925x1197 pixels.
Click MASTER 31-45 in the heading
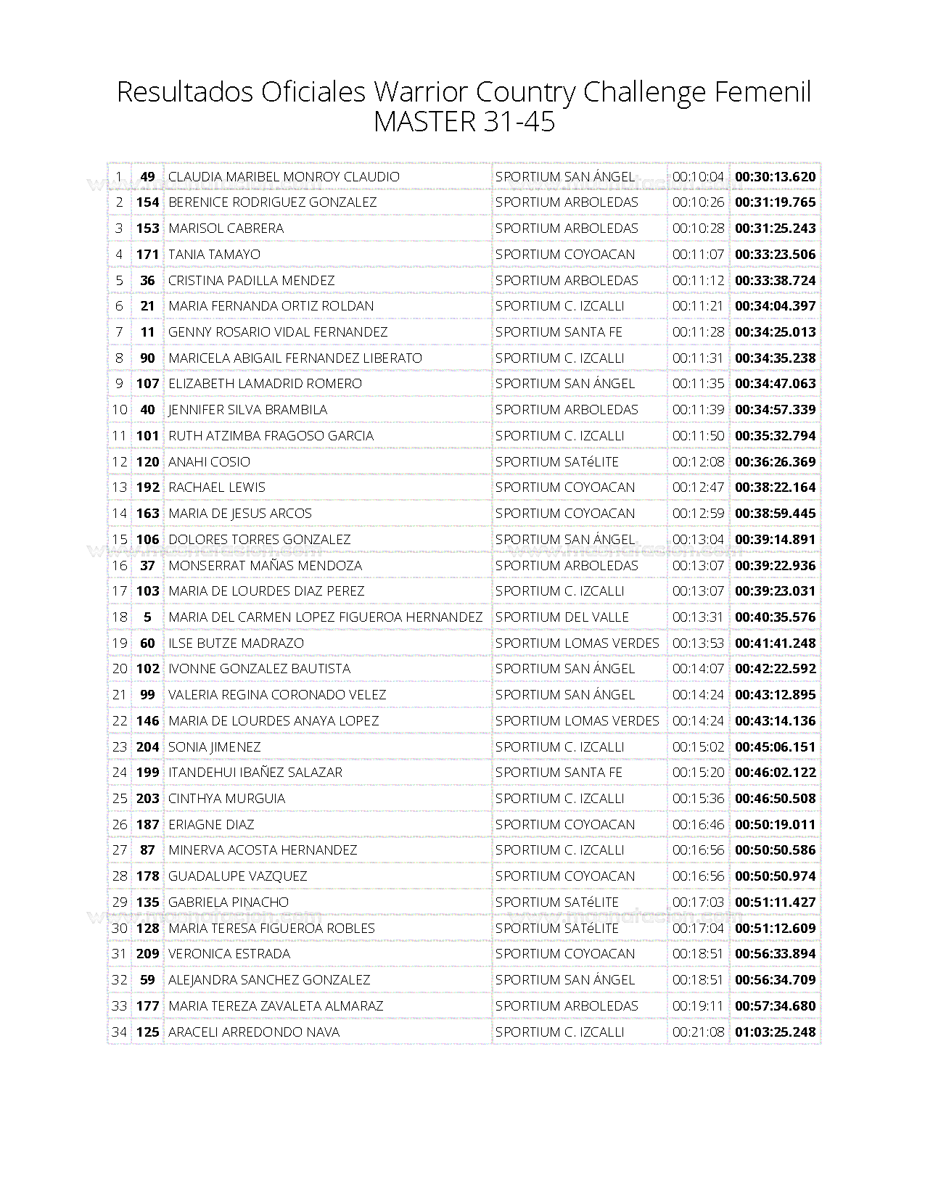[x=464, y=122]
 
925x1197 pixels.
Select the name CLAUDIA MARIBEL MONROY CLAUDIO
[x=284, y=176]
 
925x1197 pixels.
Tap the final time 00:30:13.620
[x=775, y=176]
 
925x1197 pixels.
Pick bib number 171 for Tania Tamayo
[x=147, y=254]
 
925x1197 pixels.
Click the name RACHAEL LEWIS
[x=217, y=488]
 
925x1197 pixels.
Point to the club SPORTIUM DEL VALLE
[x=562, y=617]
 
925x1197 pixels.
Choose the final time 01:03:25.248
[x=775, y=1032]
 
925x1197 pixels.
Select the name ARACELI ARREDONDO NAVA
[x=254, y=1032]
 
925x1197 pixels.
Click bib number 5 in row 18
[x=147, y=617]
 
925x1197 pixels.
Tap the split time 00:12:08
[x=698, y=461]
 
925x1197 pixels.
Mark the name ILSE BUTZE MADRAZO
[x=237, y=643]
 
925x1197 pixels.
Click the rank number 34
[x=120, y=1032]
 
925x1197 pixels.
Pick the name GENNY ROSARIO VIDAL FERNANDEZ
[x=278, y=332]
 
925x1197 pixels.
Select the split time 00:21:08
[x=698, y=1032]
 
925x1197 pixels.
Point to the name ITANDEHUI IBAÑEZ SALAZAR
[x=255, y=773]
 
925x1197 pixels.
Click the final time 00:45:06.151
[x=775, y=746]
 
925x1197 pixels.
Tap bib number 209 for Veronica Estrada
[x=147, y=954]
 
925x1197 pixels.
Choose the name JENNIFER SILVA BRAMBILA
[x=247, y=410]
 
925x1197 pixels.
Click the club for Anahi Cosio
[x=556, y=461]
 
